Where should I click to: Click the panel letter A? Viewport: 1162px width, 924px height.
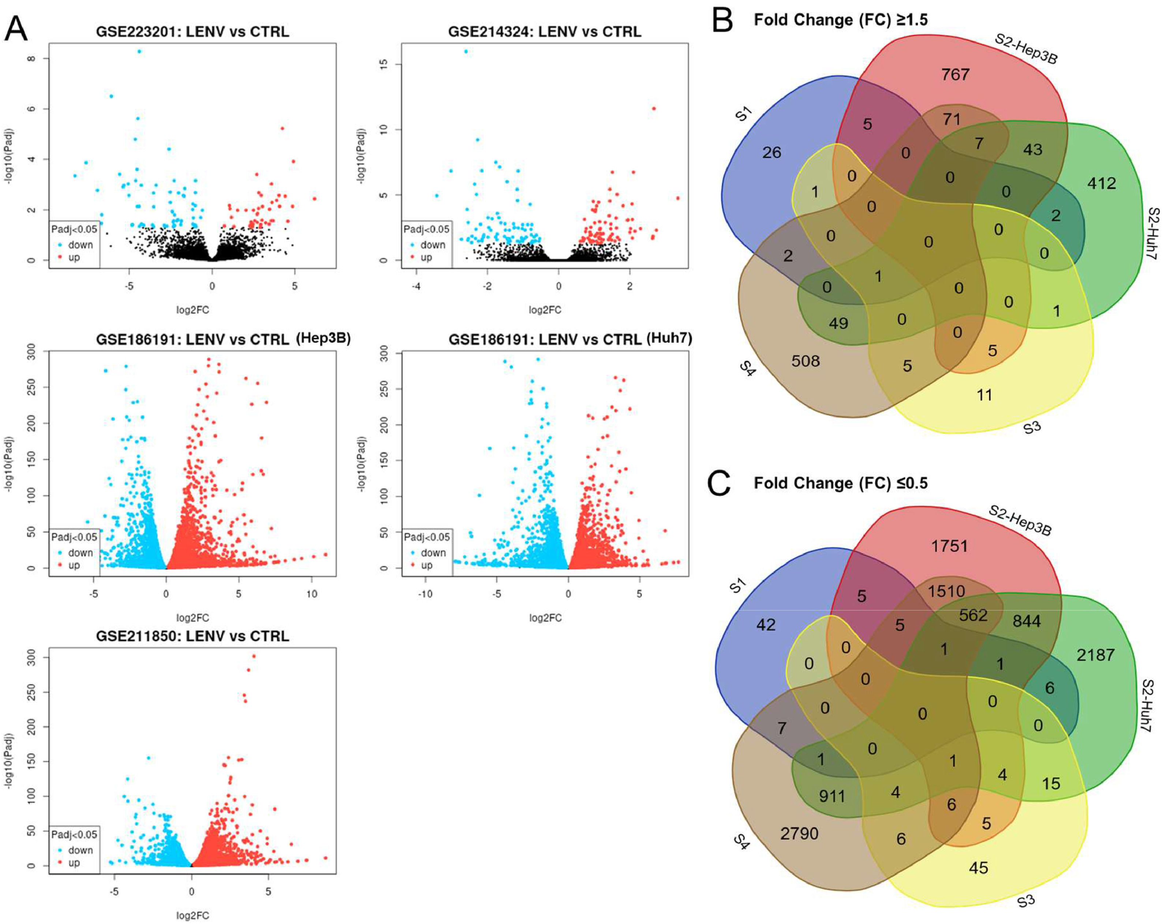click(16, 29)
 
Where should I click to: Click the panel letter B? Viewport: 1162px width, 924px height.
click(722, 20)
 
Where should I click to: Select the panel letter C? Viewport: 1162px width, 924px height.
click(719, 483)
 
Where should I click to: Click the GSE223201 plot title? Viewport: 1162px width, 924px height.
click(193, 32)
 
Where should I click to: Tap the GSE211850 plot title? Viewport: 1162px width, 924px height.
click(193, 636)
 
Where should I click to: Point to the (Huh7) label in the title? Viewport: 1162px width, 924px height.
click(668, 338)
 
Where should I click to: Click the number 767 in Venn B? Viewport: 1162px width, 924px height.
click(955, 74)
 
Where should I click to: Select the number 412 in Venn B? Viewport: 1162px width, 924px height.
click(1101, 184)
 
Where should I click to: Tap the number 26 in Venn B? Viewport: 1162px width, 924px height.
click(771, 153)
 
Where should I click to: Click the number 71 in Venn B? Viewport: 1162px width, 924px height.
click(951, 119)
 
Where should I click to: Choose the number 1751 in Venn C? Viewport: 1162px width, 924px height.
click(949, 546)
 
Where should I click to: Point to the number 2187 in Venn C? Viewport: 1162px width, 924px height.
click(1095, 655)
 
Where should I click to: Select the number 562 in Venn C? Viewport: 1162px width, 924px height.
click(973, 615)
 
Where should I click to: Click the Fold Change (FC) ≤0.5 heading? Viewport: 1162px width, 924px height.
click(840, 483)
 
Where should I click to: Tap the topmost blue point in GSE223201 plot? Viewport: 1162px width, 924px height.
click(139, 52)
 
